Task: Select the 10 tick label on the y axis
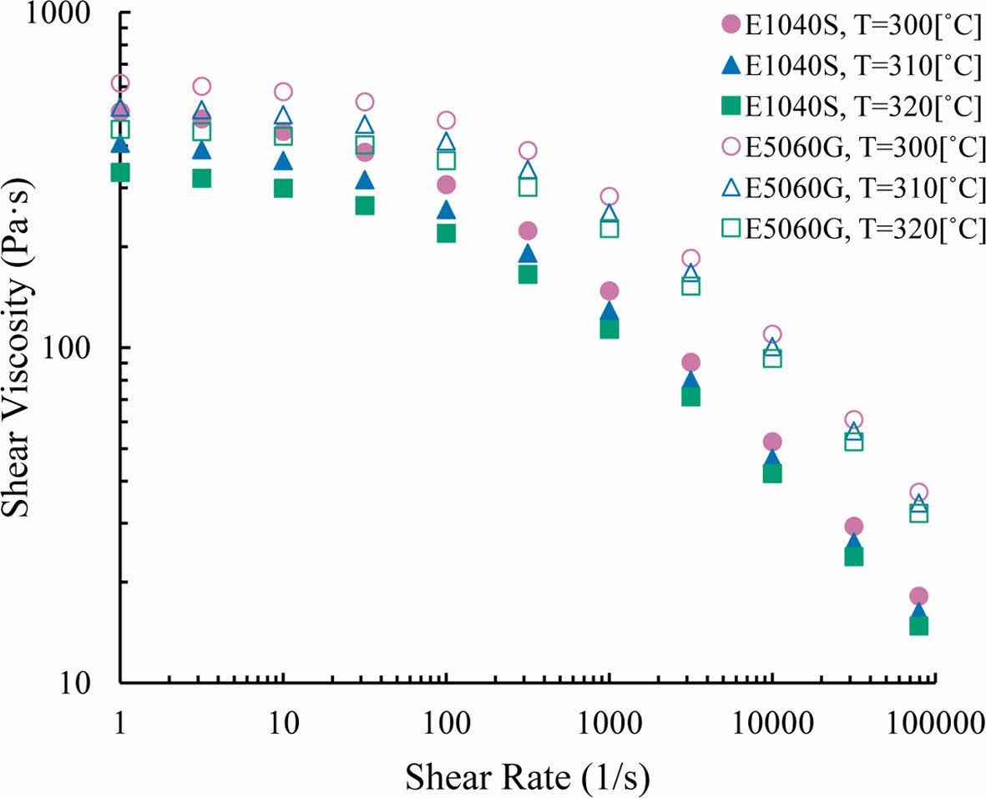[91, 683]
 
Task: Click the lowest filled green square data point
[919, 625]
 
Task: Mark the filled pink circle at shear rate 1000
[609, 290]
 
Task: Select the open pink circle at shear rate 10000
[772, 334]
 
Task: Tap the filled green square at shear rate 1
[120, 172]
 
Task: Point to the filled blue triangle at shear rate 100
[447, 210]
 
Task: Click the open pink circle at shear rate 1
[120, 83]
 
